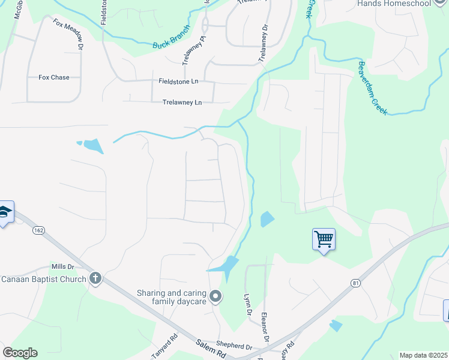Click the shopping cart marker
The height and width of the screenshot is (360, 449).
[x=324, y=239]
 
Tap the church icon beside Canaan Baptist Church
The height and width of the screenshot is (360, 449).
[x=95, y=278]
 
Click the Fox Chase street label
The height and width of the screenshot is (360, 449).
[x=54, y=77]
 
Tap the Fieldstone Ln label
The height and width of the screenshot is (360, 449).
[x=178, y=81]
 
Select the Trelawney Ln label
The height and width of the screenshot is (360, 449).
[x=182, y=103]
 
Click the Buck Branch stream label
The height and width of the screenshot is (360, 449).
[x=171, y=37]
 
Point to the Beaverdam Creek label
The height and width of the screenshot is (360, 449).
[x=373, y=88]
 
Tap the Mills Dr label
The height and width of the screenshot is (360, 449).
[x=62, y=266]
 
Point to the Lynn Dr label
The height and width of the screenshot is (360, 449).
[x=246, y=304]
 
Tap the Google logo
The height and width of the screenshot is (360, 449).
[x=20, y=353]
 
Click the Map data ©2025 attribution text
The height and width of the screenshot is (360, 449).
[x=423, y=355]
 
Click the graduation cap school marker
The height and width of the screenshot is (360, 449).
[x=5, y=213]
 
